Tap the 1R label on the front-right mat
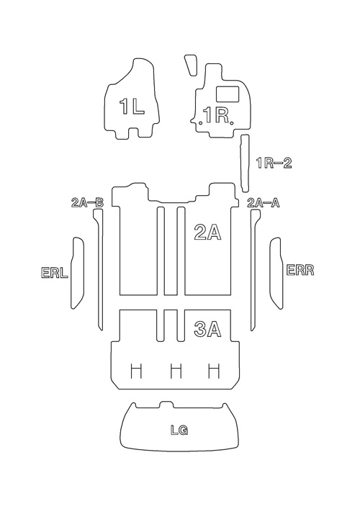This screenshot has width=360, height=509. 215,115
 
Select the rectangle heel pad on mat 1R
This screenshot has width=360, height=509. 228,94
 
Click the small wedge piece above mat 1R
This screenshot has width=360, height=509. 191,65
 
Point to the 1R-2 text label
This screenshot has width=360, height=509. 274,163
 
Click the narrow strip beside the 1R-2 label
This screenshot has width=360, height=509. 245,163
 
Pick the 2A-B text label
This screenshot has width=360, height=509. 87,203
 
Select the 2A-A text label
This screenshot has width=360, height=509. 264,203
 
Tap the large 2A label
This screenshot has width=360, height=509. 207,233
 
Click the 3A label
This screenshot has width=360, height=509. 207,328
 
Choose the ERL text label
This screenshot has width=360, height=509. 55,272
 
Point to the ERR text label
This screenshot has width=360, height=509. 300,270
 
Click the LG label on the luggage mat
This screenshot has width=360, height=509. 179,430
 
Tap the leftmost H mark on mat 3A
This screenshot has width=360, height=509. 136,371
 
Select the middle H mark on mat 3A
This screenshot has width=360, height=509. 176,371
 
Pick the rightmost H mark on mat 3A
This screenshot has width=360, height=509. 214,371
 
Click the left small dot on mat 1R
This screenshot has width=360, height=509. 201,122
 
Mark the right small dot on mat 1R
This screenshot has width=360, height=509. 231,122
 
